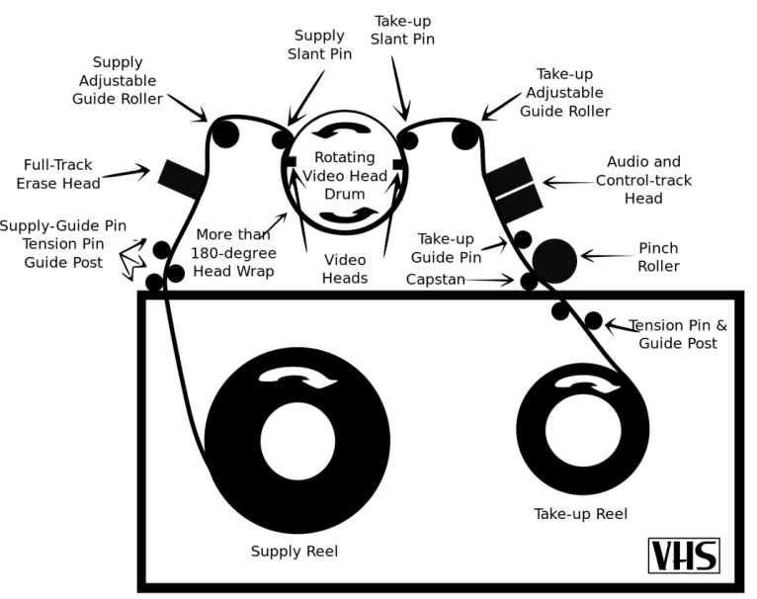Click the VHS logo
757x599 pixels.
click(x=683, y=556)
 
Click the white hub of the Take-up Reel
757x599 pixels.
click(x=583, y=430)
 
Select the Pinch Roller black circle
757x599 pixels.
click(x=554, y=260)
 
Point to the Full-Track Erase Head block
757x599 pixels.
click(x=181, y=179)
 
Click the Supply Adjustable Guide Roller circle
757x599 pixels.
click(x=226, y=133)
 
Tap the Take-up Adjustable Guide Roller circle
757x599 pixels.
click(x=464, y=134)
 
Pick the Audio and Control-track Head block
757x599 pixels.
click(x=513, y=189)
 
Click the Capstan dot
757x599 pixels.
click(x=529, y=281)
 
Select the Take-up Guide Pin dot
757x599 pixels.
click(x=523, y=239)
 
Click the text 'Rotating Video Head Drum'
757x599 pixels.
click(x=344, y=174)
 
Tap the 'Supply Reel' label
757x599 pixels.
click(x=294, y=551)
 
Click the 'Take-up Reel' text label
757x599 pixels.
click(x=580, y=514)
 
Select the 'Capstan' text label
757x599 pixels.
click(x=435, y=280)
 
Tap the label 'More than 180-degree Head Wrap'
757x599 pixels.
click(x=233, y=252)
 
